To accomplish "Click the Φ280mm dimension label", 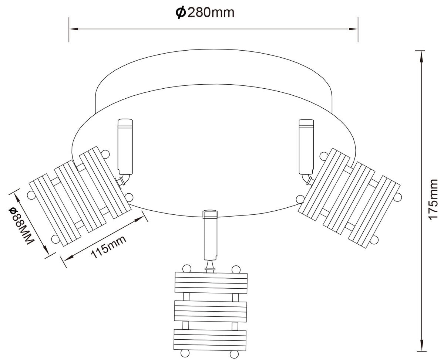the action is (205, 13).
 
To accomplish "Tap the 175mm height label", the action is (432, 199).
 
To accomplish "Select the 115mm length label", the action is (108, 247).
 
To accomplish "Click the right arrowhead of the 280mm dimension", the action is (353, 29).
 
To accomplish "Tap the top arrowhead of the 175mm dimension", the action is (421, 56).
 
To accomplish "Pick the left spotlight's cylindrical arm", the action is (125, 147).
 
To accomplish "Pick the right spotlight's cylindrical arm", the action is (306, 147).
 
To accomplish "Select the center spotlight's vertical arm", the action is (211, 235).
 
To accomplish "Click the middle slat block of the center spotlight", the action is (211, 311).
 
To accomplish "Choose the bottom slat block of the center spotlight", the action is (210, 340).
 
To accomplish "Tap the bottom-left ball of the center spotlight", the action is (185, 354).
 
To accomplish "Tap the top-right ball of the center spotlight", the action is (236, 269).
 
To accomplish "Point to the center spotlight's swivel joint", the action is (210, 266).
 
